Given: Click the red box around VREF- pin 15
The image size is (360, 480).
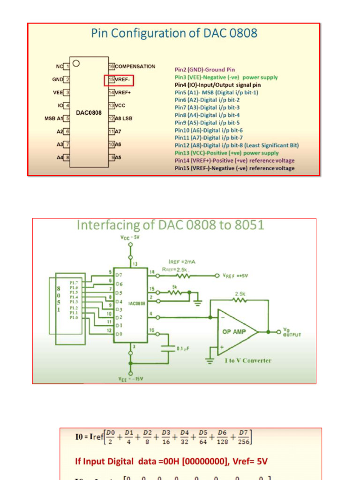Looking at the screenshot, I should tap(119, 80).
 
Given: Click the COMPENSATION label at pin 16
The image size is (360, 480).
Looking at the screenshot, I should tap(135, 67).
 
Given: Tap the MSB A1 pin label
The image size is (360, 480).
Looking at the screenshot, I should tap(53, 119).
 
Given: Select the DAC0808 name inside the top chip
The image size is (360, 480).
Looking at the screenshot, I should tap(89, 113).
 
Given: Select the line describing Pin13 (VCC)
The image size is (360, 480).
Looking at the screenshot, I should tap(226, 153).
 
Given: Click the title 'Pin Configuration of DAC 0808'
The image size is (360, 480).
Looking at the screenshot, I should tap(174, 34).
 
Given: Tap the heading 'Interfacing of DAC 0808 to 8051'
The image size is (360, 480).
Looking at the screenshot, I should tap(170, 225).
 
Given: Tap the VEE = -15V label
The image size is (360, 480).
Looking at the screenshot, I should tap(131, 378).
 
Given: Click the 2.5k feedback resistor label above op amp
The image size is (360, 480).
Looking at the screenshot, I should tap(240, 294).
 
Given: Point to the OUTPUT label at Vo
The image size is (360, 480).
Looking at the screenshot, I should tap(292, 335).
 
